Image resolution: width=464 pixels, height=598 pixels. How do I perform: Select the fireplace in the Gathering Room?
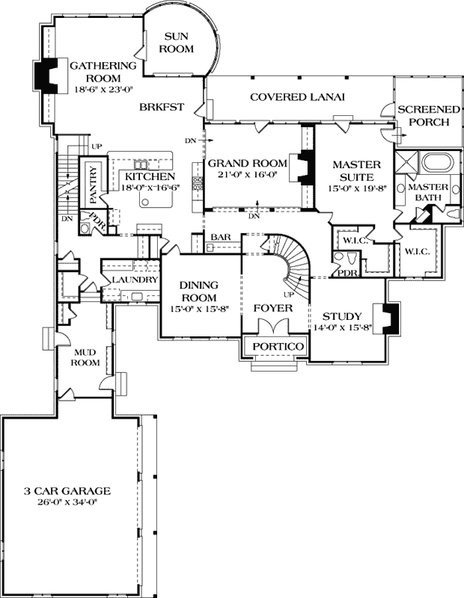pos(46,75)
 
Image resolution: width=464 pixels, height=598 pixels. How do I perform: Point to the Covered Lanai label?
pos(297,97)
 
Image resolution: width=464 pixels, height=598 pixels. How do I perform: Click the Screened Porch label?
pos(423,115)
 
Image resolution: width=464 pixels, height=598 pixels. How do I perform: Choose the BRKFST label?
pos(162,107)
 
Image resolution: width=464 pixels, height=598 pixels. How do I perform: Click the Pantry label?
pos(94,185)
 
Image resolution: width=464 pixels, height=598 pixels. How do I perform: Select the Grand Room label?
pos(247,163)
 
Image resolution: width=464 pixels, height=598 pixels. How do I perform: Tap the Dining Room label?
pos(198,291)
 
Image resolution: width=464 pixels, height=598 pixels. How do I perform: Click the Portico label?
pos(277,347)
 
